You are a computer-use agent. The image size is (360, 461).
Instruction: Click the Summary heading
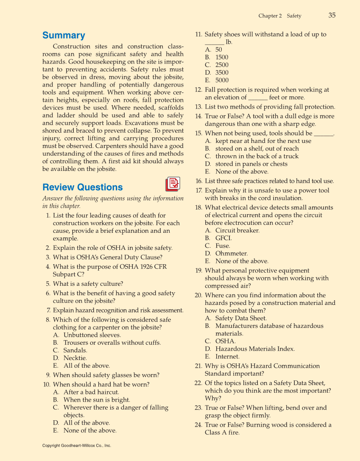64,35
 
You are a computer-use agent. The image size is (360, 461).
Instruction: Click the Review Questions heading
83,187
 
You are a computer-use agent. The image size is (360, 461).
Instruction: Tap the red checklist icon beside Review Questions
173,184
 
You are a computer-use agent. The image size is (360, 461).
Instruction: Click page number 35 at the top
332,15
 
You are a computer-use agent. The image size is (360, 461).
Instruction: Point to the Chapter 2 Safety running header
280,16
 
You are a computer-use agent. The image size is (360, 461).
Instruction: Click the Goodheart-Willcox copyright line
77,446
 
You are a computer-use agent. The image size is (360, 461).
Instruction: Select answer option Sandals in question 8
75,350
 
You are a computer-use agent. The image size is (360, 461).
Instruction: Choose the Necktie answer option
75,358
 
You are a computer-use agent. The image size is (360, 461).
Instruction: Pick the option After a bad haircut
80,392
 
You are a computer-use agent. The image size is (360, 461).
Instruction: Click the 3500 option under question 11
222,73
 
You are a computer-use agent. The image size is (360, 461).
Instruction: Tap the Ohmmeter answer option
232,254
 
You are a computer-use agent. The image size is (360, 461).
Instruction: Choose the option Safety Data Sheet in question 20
241,318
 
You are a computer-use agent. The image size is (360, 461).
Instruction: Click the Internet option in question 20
227,357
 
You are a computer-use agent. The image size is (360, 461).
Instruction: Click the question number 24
198,425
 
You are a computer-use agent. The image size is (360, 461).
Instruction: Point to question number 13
198,107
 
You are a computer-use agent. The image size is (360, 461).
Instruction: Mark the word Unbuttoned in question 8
80,335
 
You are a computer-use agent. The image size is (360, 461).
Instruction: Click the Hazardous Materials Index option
255,349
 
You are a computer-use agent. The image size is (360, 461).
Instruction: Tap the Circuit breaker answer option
237,231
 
